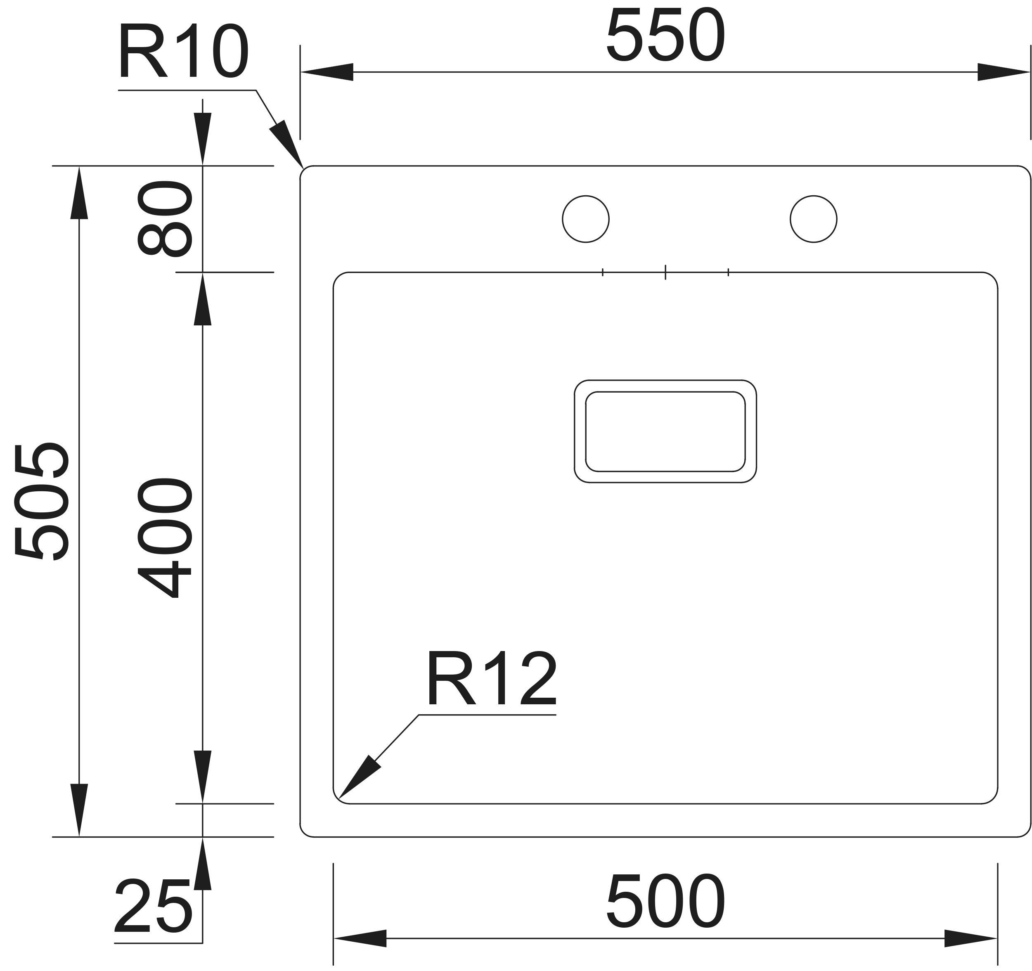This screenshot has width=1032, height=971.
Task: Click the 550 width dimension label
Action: pyautogui.click(x=665, y=36)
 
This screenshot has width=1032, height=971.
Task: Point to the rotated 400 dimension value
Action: pyautogui.click(x=165, y=538)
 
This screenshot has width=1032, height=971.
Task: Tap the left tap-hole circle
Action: pyautogui.click(x=586, y=219)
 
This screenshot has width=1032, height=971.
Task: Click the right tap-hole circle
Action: pyautogui.click(x=814, y=219)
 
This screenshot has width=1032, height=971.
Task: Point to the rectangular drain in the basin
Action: pyautogui.click(x=665, y=431)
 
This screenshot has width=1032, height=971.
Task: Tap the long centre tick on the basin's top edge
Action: pyautogui.click(x=665, y=272)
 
